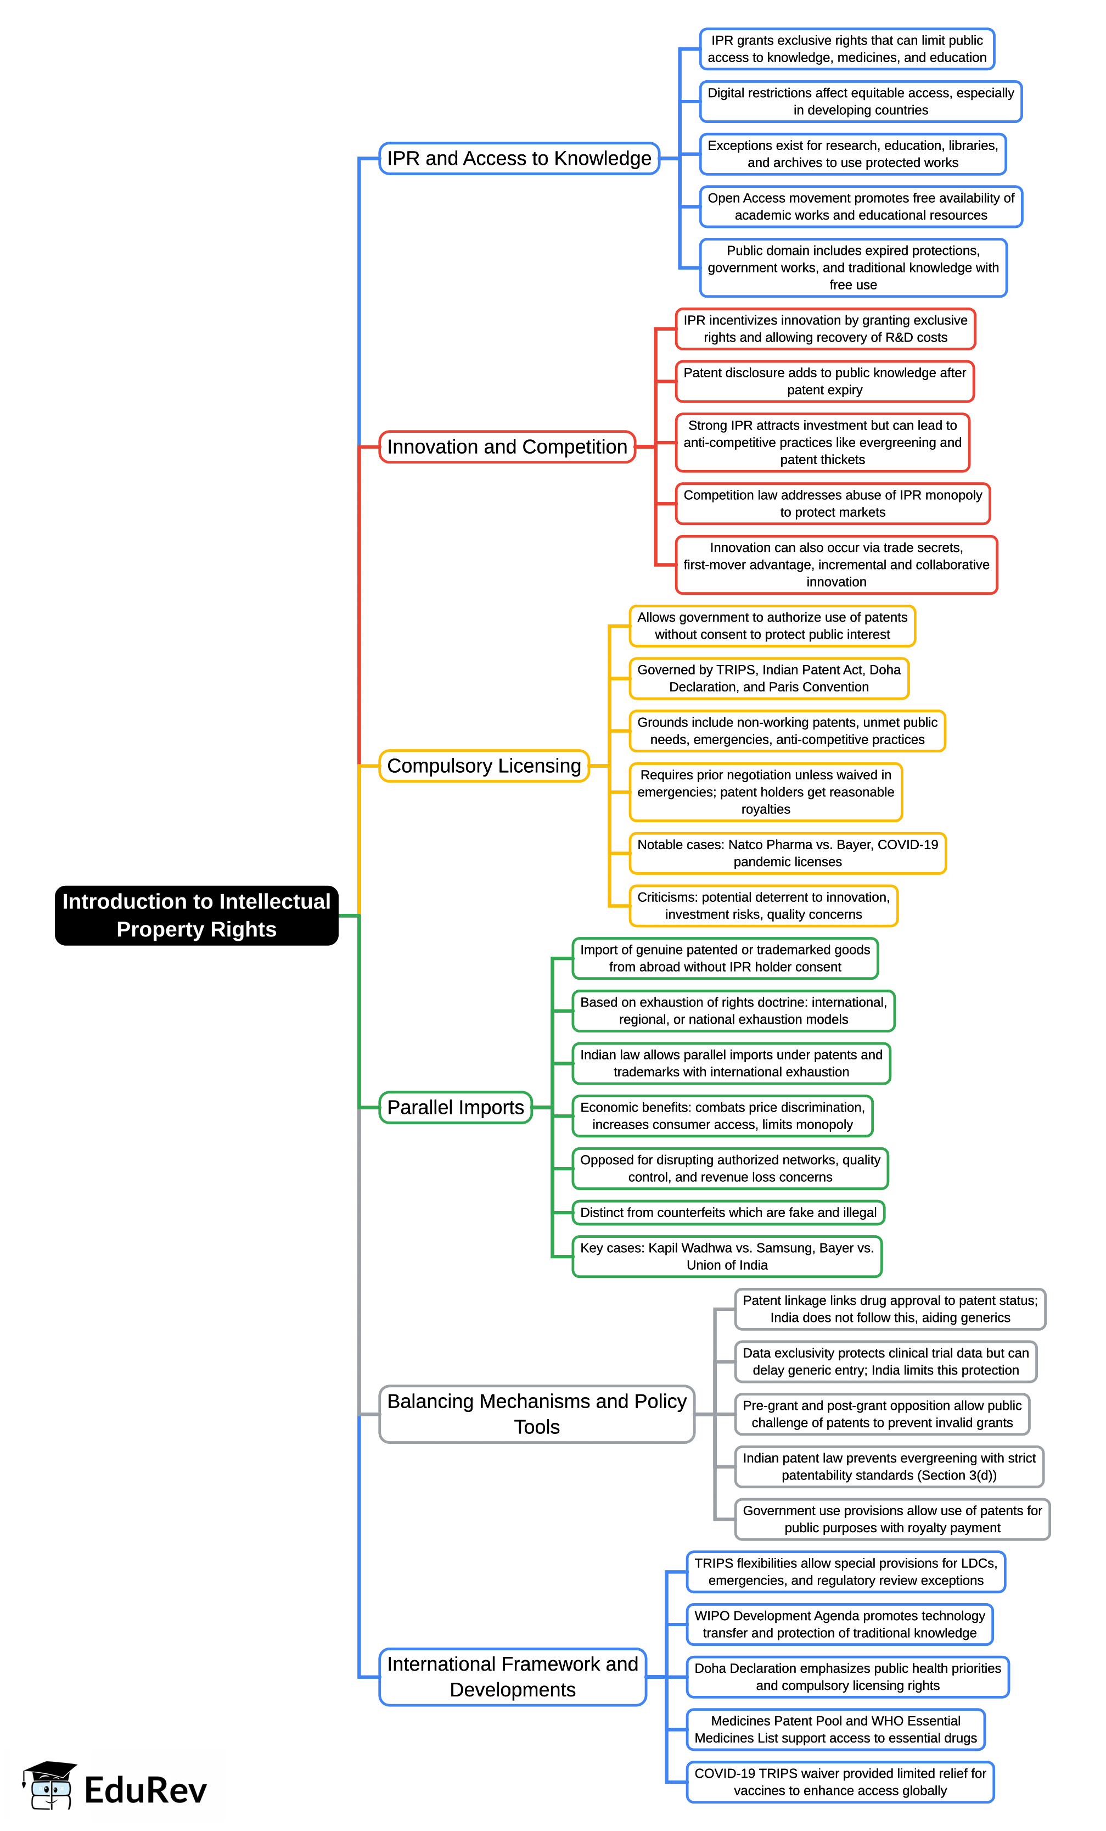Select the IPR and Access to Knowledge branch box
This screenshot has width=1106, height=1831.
coord(519,158)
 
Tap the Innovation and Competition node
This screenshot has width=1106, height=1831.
coord(507,446)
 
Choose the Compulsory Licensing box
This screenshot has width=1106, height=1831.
coord(484,766)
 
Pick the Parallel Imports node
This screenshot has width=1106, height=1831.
coord(456,1107)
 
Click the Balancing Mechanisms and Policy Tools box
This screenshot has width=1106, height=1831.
coord(537,1414)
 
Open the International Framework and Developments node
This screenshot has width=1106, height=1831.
coord(513,1677)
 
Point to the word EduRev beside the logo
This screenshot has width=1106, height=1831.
coord(145,1789)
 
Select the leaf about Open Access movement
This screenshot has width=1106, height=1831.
coord(861,206)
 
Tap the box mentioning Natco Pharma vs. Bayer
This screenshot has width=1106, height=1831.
coord(787,853)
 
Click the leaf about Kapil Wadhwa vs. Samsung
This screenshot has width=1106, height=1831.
coord(727,1256)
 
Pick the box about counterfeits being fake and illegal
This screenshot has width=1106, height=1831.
coord(729,1212)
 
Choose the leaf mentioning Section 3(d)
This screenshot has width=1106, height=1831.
coord(889,1466)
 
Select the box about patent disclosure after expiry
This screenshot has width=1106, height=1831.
coord(824,381)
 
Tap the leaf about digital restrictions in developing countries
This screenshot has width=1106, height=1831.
coord(861,101)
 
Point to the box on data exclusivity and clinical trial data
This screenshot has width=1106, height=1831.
coord(885,1361)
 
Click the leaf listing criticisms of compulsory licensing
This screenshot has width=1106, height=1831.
coord(763,905)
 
